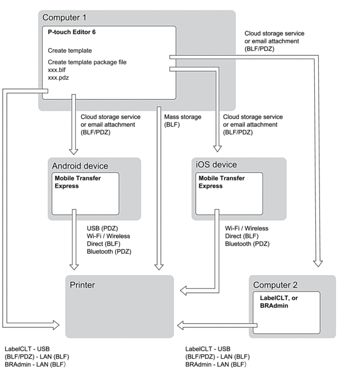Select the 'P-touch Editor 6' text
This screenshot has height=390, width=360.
click(72, 32)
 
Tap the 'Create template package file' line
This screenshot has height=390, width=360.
click(87, 62)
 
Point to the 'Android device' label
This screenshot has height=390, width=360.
click(80, 166)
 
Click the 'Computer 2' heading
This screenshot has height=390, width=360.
click(275, 285)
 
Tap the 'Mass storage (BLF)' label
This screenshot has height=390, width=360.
click(183, 121)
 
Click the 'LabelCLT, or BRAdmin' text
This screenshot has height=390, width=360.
click(279, 301)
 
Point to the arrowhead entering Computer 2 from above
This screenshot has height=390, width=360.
click(317, 264)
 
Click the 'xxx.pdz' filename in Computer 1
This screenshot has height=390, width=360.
click(58, 77)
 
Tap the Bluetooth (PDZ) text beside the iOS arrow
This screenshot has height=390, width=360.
click(248, 244)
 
